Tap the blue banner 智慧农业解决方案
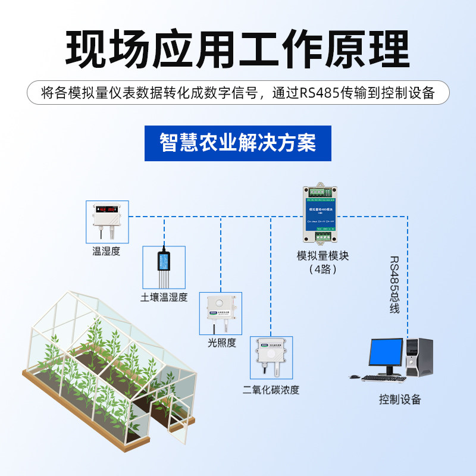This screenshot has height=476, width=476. (237, 143)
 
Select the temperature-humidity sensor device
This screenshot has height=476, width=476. (107, 216)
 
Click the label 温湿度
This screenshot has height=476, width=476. (107, 251)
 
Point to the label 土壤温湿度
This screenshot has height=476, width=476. (164, 297)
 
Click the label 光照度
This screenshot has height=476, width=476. (222, 343)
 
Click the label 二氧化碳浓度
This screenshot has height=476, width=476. (271, 390)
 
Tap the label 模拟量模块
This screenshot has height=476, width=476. (322, 256)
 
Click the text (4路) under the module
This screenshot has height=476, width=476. (323, 270)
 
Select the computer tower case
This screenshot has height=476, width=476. (419, 357)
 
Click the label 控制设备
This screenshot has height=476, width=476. (400, 399)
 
